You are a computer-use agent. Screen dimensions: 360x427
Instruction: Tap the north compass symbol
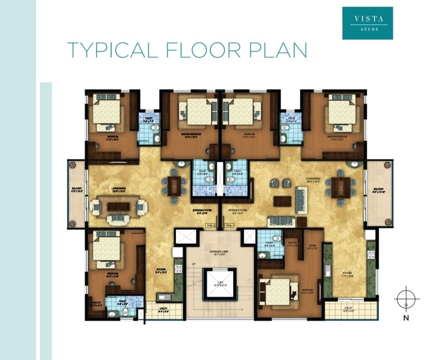[x=406, y=299]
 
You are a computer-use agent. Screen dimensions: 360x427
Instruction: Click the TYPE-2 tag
[x=210, y=225]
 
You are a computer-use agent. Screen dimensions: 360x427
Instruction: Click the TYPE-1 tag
[x=229, y=225]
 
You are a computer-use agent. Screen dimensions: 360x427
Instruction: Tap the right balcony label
[x=380, y=191]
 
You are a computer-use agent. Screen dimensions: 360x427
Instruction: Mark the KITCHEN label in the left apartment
[x=160, y=270]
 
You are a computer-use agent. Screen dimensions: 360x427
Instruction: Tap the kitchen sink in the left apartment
[x=164, y=296]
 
